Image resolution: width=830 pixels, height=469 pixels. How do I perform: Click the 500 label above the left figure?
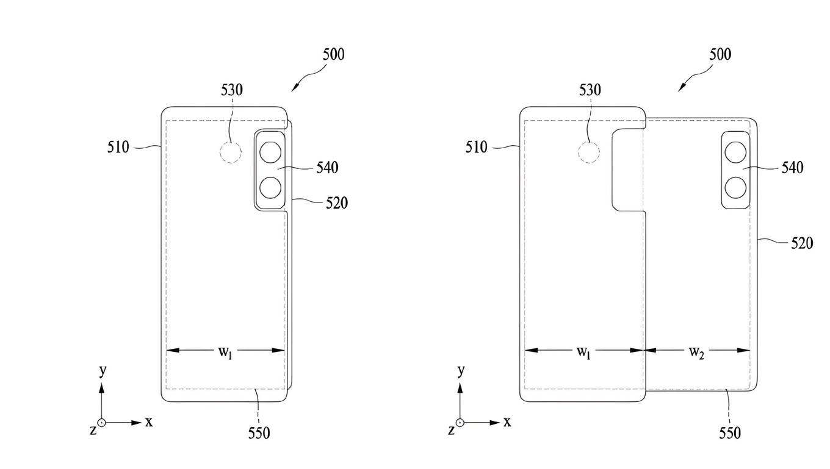tap(333, 54)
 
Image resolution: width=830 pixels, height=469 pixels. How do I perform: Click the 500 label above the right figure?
tap(720, 54)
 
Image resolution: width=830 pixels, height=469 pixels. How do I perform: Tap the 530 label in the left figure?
tap(231, 90)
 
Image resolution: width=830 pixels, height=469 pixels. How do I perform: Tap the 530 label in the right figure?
tap(590, 90)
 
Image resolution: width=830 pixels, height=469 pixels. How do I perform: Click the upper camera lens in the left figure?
tap(270, 152)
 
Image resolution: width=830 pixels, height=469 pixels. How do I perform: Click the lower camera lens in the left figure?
tap(270, 187)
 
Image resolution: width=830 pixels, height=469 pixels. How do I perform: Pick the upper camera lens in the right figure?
tap(735, 152)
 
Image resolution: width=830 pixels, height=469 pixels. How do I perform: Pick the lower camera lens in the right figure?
tap(735, 187)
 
